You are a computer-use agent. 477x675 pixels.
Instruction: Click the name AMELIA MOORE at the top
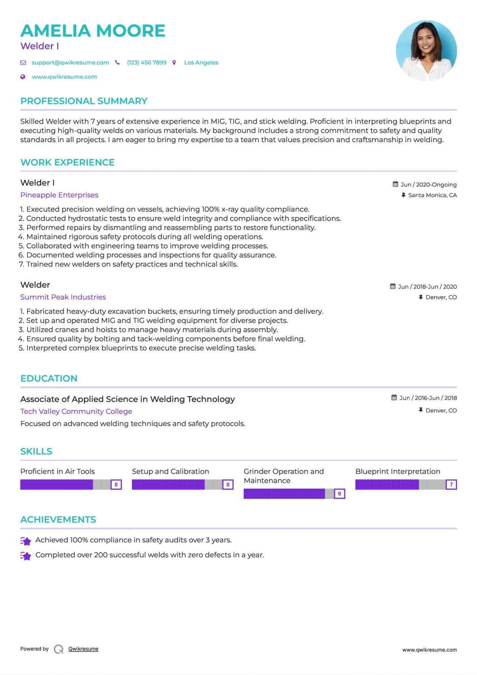tap(93, 31)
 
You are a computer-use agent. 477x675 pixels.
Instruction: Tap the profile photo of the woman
tap(426, 51)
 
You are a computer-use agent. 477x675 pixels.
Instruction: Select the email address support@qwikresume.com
tap(70, 63)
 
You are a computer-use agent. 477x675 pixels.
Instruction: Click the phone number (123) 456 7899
tap(147, 63)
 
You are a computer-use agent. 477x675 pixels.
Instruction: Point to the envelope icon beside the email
tap(23, 63)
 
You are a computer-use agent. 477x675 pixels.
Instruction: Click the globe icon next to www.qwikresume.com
tap(23, 77)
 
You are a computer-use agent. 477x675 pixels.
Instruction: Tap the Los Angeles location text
tap(201, 63)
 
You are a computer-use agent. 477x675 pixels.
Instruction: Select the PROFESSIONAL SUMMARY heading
tap(84, 101)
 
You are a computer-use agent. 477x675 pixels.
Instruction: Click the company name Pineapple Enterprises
tap(59, 195)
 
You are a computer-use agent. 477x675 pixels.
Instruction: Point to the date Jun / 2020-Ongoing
tap(428, 185)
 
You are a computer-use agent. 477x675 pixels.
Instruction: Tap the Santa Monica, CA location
tap(432, 195)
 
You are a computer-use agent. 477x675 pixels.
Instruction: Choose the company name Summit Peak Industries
tap(63, 297)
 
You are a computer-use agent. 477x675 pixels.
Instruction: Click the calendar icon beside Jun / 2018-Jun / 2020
tap(393, 286)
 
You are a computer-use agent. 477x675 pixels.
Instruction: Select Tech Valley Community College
tap(76, 411)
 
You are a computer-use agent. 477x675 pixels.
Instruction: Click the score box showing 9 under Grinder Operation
tap(339, 494)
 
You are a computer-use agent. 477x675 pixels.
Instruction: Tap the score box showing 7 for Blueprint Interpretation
tap(451, 484)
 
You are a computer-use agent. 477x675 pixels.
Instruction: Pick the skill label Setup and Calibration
tap(170, 471)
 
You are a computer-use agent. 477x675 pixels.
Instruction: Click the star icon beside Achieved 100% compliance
tap(26, 541)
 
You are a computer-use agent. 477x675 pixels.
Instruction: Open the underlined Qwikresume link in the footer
tap(83, 649)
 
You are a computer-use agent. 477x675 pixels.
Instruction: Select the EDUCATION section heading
tap(49, 378)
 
